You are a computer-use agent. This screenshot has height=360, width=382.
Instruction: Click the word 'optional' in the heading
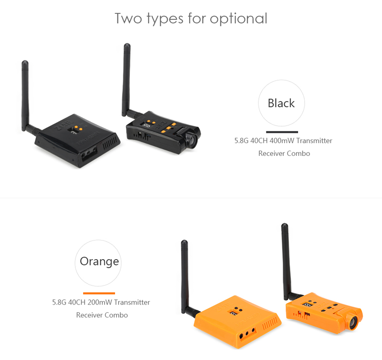(x=238, y=19)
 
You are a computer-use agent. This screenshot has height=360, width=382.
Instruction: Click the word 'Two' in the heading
(x=128, y=18)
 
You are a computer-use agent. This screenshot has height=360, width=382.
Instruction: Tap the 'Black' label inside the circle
(x=281, y=103)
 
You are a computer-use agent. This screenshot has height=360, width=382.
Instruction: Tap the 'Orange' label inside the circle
(x=99, y=262)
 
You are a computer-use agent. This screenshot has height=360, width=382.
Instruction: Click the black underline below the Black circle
(x=282, y=132)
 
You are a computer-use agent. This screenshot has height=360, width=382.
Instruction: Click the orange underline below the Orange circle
(x=99, y=293)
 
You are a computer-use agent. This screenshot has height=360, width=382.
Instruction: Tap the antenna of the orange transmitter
(x=286, y=261)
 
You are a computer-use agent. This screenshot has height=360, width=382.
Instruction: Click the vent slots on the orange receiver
(x=270, y=323)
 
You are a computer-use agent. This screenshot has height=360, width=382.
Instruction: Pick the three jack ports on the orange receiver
(x=247, y=333)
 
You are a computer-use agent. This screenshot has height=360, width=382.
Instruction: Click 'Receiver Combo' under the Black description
(x=284, y=153)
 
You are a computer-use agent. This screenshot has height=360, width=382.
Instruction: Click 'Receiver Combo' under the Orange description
(x=102, y=315)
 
